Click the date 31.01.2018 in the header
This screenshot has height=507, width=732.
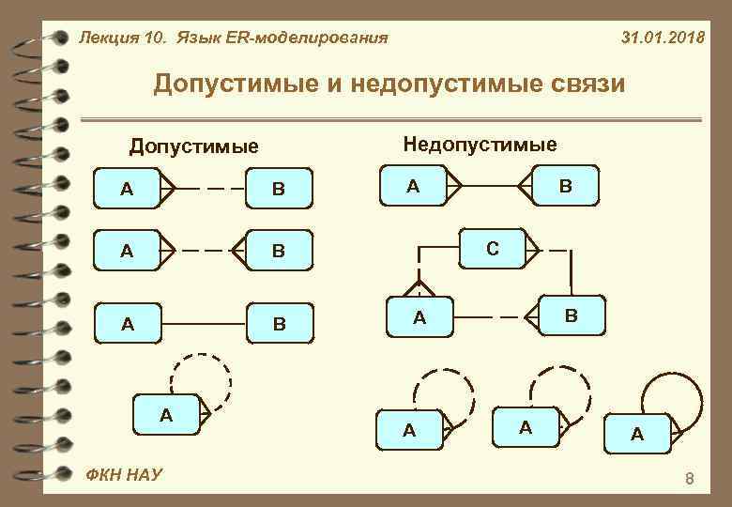tap(663, 38)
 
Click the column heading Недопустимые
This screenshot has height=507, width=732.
tap(480, 144)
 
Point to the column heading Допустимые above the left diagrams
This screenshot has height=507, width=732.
tap(193, 146)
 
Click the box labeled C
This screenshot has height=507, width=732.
tap(492, 249)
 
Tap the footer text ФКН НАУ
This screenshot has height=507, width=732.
tap(122, 475)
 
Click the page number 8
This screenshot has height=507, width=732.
tap(690, 481)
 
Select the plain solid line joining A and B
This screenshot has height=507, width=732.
tap(206, 324)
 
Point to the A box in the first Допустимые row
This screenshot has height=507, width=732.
tap(127, 189)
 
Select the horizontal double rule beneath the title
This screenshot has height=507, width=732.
tap(389, 120)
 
